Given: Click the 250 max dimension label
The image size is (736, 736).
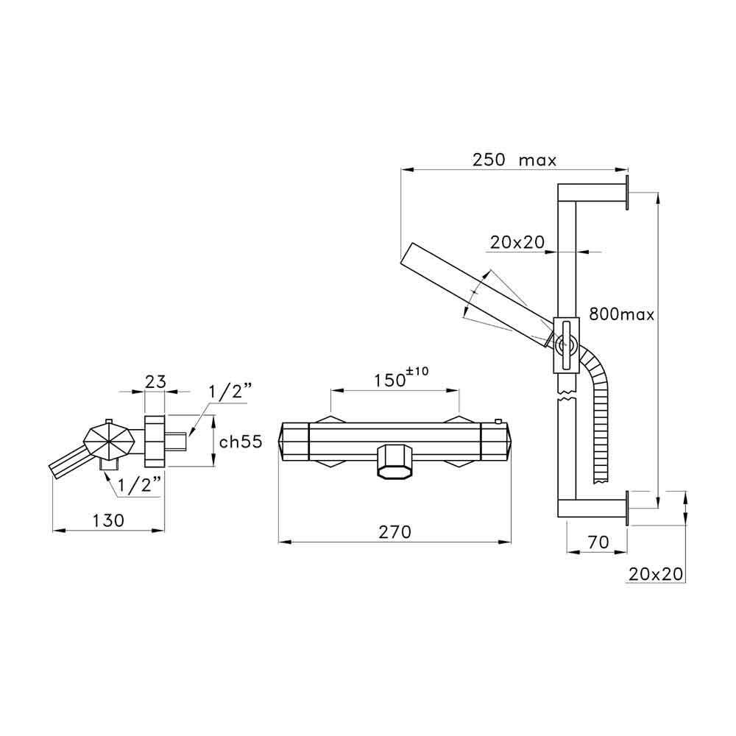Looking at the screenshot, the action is pyautogui.click(x=514, y=160).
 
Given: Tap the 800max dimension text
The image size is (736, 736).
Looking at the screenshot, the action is pyautogui.click(x=621, y=314).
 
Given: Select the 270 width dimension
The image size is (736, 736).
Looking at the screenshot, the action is pyautogui.click(x=394, y=532).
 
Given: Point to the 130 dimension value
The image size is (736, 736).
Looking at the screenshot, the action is pyautogui.click(x=108, y=520).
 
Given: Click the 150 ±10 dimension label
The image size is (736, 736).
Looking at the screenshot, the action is pyautogui.click(x=401, y=377).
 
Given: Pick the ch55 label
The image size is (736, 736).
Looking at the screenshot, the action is pyautogui.click(x=241, y=442).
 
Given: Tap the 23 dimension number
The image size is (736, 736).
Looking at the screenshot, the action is pyautogui.click(x=155, y=381).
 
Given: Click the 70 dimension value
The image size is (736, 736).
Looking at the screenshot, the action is pyautogui.click(x=598, y=542).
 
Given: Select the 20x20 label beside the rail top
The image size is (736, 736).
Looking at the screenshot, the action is pyautogui.click(x=517, y=241).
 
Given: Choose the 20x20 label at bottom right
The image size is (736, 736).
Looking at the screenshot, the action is pyautogui.click(x=655, y=573).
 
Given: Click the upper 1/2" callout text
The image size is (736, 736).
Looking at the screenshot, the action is pyautogui.click(x=230, y=391).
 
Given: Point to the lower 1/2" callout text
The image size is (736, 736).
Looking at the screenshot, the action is pyautogui.click(x=139, y=485).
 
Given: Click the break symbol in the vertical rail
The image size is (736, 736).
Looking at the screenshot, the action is pyautogui.click(x=566, y=394).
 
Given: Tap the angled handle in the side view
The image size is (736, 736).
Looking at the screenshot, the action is pyautogui.click(x=68, y=463).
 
